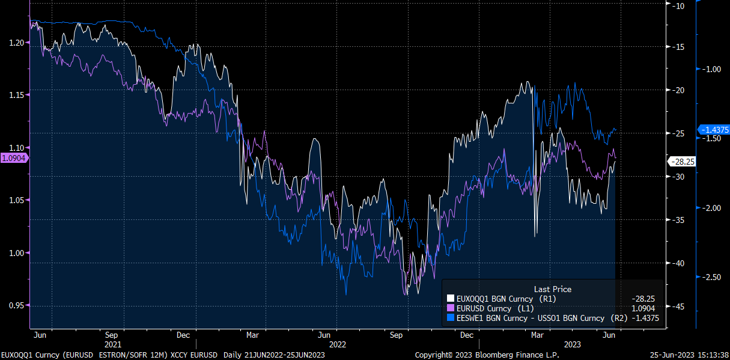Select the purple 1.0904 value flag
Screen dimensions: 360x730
13,157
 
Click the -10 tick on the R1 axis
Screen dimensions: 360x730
680,6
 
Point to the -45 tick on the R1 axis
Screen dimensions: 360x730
680,307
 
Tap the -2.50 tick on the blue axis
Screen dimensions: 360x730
711,277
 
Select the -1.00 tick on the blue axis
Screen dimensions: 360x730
711,69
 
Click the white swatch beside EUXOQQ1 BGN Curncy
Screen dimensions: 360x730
451,298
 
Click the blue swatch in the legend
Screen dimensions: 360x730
451,318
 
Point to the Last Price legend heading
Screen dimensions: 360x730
552,289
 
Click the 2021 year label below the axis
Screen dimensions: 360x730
112,345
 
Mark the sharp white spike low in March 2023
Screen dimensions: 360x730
535,233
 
